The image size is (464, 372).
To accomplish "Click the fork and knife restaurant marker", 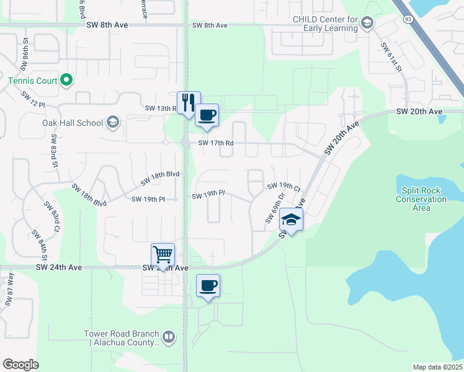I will click(189, 102).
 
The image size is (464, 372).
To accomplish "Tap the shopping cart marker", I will click(163, 254).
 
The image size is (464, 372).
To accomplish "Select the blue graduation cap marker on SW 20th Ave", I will click(290, 219).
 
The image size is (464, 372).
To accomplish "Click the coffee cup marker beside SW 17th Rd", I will click(207, 115).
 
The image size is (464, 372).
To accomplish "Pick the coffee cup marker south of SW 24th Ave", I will click(208, 286).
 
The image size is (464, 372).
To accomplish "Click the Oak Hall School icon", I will click(112, 122).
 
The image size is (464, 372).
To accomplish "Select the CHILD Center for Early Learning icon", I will click(367, 24).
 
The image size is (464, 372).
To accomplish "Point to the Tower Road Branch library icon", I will click(169, 338).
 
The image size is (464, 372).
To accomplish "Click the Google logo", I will click(20, 365).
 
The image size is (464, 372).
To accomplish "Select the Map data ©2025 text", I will click(437, 367).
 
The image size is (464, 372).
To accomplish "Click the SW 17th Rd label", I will click(216, 143).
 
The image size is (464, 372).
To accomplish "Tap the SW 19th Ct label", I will click(283, 186).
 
